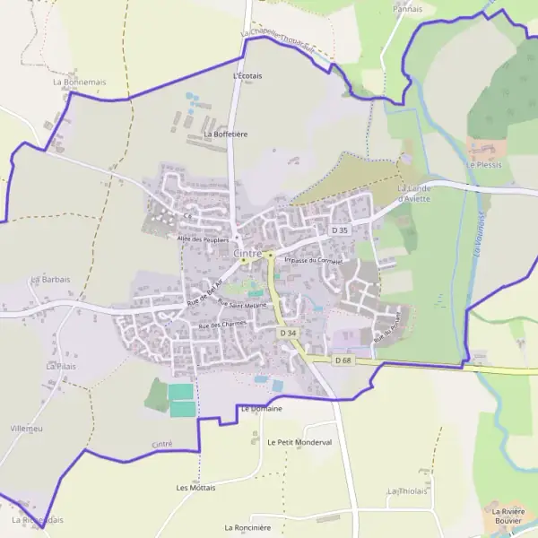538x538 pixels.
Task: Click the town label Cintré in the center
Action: tap(247, 254)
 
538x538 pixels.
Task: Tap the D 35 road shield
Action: tap(339, 230)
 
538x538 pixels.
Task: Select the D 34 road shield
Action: tap(287, 333)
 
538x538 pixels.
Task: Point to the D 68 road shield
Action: tap(343, 360)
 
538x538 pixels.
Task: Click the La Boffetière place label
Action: tap(225, 134)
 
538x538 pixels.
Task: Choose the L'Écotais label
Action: tap(247, 76)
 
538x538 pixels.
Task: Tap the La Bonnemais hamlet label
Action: tap(80, 82)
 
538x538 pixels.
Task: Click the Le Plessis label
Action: tap(484, 165)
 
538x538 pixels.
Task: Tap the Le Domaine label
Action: tap(261, 409)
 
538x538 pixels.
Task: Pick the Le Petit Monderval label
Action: tap(299, 442)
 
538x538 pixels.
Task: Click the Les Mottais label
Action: tap(195, 488)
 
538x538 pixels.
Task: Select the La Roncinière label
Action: tap(247, 527)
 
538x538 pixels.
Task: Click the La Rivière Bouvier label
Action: tap(507, 516)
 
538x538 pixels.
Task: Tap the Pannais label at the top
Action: tap(408, 8)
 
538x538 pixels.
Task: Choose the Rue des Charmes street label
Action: tap(221, 325)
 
